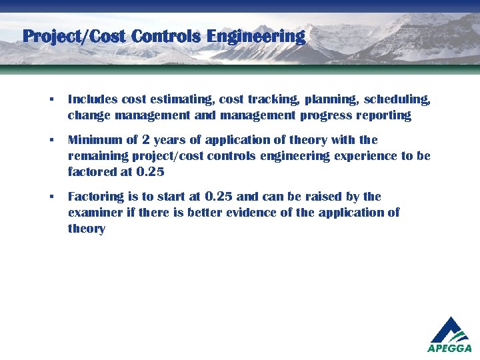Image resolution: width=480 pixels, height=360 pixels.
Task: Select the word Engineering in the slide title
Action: click(x=256, y=36)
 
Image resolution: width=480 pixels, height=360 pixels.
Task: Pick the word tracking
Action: click(x=273, y=100)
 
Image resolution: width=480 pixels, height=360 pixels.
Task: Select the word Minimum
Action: click(x=93, y=140)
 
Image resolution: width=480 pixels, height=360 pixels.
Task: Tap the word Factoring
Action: click(x=95, y=197)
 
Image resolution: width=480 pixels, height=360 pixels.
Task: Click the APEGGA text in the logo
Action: click(x=449, y=348)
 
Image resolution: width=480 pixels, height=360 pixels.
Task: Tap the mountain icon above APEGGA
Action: click(x=450, y=329)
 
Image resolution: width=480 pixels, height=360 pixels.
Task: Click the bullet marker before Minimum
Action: click(x=50, y=141)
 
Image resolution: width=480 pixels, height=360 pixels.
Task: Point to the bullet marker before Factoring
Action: click(x=50, y=197)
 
